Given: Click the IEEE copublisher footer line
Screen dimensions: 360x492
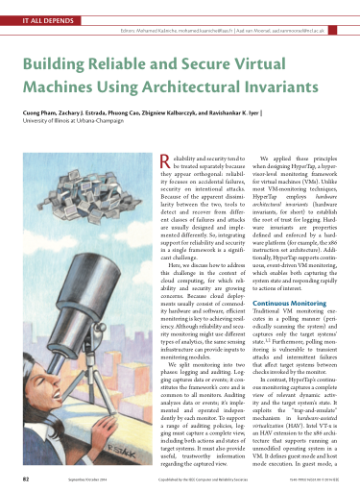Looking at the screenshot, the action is (x=206, y=478).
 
